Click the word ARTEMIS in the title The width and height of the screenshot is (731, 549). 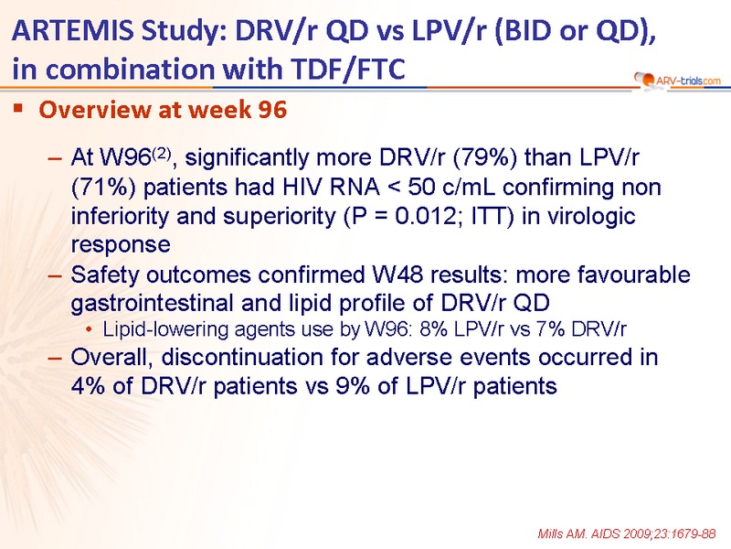coord(72,31)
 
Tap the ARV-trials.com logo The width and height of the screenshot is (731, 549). coord(677,81)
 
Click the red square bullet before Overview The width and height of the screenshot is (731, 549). coord(18,109)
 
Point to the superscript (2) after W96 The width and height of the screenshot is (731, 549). coord(163,153)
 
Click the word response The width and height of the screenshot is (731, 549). coord(121,245)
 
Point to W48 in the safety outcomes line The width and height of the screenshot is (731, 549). coord(397,274)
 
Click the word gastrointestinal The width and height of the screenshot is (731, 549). coord(153,304)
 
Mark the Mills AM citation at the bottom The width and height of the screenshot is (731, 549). coord(627,533)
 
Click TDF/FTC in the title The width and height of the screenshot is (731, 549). coord(348,70)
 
